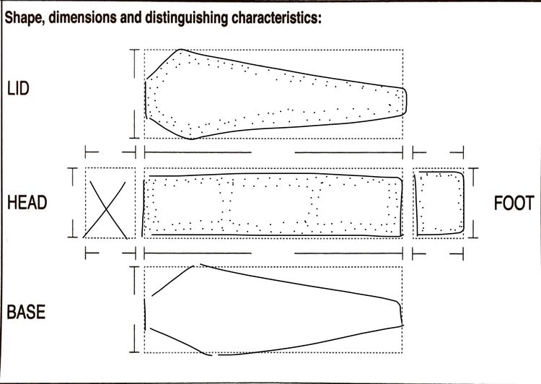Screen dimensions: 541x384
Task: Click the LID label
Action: coord(18,89)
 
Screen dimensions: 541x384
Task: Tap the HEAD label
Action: coord(27,203)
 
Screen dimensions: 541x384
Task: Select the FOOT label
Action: coord(514,203)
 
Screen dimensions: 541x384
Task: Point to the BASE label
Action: coord(26,312)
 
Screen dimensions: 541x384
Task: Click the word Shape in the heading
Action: coord(24,17)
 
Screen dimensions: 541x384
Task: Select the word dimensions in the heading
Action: coord(82,17)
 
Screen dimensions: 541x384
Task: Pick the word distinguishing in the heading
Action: coord(187,18)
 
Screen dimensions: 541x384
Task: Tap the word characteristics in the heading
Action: coord(274,17)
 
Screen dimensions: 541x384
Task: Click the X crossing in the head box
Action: coord(106,209)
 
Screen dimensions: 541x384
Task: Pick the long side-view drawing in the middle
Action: coord(273,174)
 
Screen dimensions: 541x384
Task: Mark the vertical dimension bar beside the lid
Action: coord(135,94)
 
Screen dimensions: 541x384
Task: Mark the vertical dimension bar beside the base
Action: coord(134,310)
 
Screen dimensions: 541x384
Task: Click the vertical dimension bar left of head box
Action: coord(73,203)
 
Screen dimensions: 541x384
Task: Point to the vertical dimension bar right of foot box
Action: coord(473,203)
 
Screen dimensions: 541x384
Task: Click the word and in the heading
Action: coord(131,17)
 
